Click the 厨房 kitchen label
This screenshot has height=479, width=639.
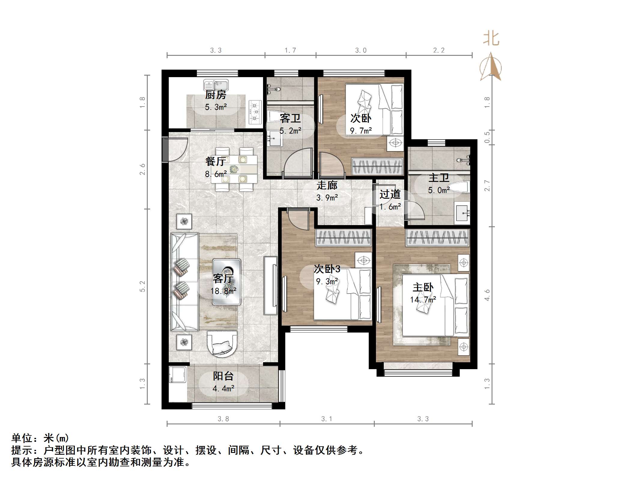(x=216, y=95)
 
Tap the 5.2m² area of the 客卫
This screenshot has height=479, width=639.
(x=290, y=131)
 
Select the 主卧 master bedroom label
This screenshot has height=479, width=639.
(x=423, y=288)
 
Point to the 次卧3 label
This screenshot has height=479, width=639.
(x=327, y=269)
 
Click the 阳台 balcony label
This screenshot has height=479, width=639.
(x=223, y=376)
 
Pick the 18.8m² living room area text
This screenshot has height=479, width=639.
(x=223, y=291)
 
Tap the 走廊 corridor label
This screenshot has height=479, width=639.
(x=327, y=185)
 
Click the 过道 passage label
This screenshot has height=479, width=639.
(x=390, y=194)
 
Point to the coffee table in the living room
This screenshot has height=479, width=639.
(x=227, y=282)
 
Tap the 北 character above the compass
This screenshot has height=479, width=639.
(x=491, y=39)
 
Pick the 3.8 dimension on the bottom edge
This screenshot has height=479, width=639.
(x=223, y=419)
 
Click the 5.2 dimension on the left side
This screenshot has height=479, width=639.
(x=142, y=286)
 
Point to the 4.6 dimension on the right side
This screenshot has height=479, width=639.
(x=487, y=295)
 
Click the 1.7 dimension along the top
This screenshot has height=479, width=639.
(x=290, y=50)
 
